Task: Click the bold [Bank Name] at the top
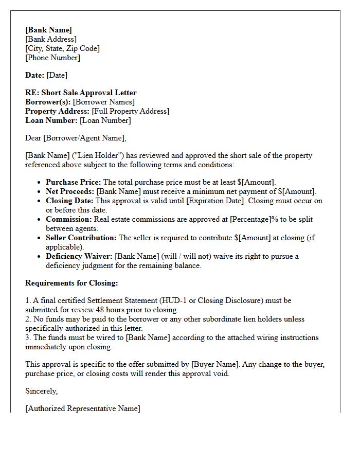click(x=48, y=30)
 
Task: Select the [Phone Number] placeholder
click(x=52, y=58)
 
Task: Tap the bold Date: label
click(x=34, y=75)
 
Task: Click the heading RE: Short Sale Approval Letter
click(x=81, y=93)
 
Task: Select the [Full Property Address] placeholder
click(x=130, y=111)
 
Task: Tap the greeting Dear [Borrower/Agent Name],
click(x=76, y=138)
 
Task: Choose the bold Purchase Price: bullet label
click(x=74, y=182)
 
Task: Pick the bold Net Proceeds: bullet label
click(x=70, y=191)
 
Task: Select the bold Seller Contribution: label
click(x=81, y=238)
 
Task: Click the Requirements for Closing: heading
click(x=71, y=283)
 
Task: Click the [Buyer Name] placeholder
click(x=215, y=364)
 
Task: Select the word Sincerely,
click(x=42, y=391)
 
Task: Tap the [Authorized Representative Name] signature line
click(x=82, y=408)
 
